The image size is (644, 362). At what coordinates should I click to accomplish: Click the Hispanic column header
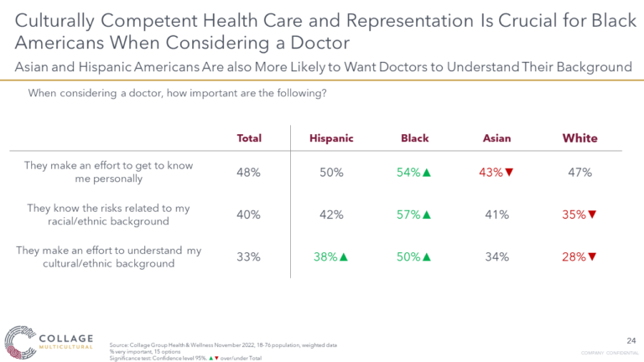pos(331,138)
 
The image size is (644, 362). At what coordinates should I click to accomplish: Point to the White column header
pos(579,138)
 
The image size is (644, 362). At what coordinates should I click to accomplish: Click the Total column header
pos(249,138)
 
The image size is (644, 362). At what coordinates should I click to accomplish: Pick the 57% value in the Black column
pos(408,215)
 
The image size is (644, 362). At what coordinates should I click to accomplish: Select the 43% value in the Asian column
pos(492,173)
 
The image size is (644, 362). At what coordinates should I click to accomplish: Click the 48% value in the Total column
pos(249,173)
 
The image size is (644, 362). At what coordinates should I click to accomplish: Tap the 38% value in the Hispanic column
pos(326,257)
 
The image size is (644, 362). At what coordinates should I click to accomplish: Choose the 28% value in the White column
pos(574,257)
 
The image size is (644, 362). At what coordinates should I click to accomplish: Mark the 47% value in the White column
pos(579,173)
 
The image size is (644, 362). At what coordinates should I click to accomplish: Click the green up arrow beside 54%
pos(427,173)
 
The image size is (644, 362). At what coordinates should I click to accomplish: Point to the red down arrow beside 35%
pos(593,215)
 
